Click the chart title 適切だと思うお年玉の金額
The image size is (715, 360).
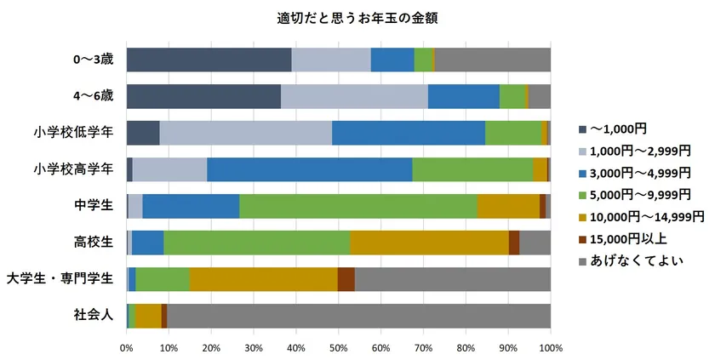click(357, 16)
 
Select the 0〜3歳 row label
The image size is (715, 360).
click(92, 60)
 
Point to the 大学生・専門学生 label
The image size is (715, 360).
click(60, 278)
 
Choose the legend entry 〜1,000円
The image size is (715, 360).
click(618, 129)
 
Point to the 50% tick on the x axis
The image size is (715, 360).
click(339, 348)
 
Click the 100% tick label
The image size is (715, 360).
click(550, 348)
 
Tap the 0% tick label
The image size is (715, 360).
click(127, 348)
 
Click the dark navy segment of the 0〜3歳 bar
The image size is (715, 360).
click(209, 60)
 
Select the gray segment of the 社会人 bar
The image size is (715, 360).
click(358, 316)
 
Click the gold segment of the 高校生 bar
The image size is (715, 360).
click(429, 243)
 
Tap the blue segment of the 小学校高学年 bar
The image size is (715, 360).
click(309, 169)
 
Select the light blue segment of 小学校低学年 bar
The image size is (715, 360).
click(245, 133)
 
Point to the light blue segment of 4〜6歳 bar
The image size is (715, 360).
click(354, 96)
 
